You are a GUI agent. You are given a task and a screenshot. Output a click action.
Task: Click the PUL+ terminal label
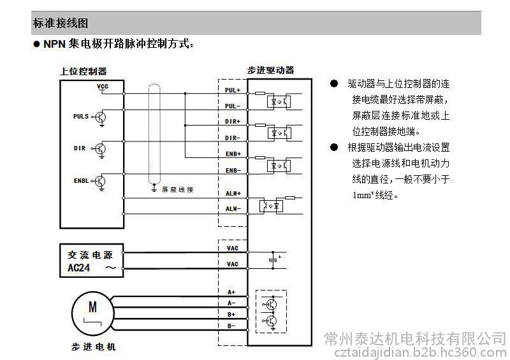233,90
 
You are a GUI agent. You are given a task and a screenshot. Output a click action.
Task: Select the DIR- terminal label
233,138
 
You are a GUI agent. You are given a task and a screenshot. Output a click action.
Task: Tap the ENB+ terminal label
233,154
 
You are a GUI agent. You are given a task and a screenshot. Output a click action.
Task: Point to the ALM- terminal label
233,208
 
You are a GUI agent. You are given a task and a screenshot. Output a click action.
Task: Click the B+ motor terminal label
231,314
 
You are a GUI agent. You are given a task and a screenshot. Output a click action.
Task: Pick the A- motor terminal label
231,303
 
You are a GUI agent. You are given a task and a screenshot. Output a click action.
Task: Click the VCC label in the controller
103,85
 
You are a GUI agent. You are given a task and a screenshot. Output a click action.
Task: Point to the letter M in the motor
93,306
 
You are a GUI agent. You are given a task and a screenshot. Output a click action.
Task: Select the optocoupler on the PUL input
278,101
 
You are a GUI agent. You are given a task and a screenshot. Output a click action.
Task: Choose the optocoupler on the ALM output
270,206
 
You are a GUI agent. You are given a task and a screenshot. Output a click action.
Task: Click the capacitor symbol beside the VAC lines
274,258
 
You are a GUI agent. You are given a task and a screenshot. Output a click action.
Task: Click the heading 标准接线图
60,23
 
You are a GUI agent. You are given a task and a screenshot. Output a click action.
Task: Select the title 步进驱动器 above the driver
271,70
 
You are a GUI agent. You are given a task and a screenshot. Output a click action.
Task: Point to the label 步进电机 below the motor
94,347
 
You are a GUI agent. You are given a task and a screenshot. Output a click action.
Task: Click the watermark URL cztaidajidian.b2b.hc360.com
415,352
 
